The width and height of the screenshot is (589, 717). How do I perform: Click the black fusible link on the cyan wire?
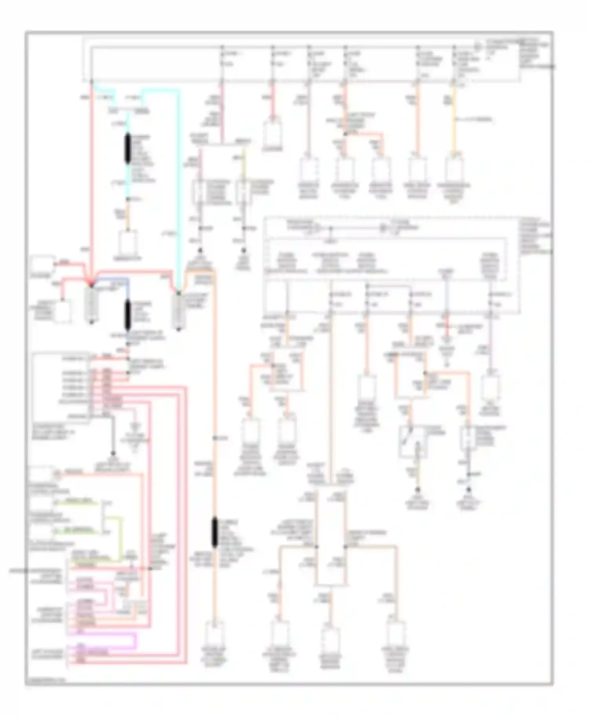(128, 148)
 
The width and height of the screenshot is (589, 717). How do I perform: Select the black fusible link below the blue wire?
(128, 315)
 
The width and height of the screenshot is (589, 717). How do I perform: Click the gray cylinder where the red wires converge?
(91, 304)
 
